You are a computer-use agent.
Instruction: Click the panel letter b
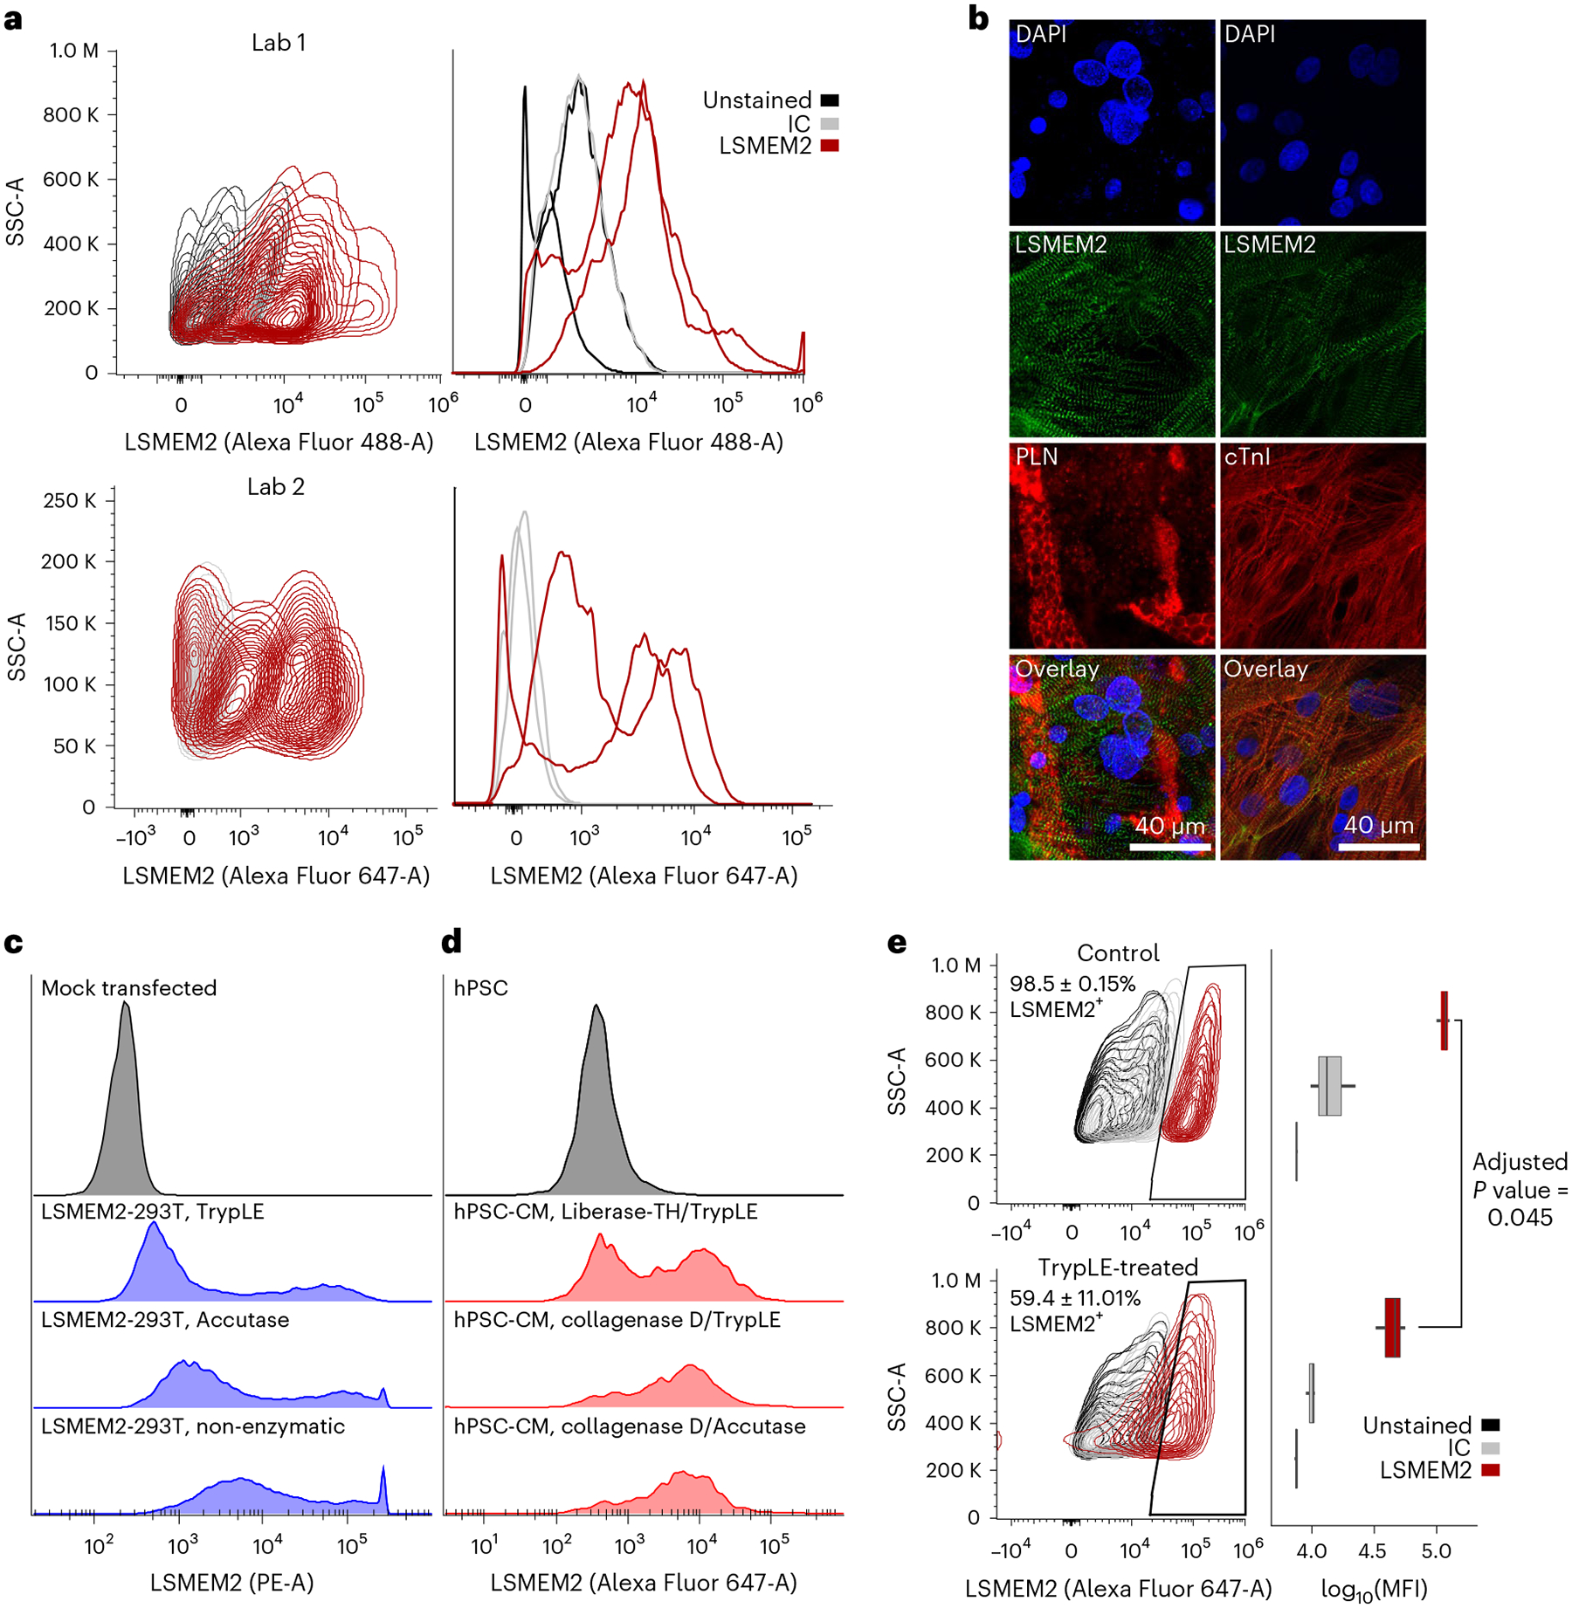click(978, 18)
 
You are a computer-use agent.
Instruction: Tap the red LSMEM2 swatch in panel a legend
click(830, 146)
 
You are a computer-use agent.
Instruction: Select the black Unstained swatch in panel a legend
click(830, 100)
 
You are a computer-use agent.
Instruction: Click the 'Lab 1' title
click(278, 43)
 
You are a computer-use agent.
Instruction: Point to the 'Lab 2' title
click(275, 486)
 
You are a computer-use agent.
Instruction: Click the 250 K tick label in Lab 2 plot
click(69, 501)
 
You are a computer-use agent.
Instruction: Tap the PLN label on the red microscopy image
click(1037, 457)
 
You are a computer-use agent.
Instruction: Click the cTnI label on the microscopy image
click(1247, 457)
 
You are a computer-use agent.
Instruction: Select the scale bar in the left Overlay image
click(1169, 847)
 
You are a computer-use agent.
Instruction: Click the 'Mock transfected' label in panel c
click(128, 987)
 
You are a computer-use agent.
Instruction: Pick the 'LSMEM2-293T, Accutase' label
click(165, 1319)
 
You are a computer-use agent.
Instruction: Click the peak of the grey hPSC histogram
click(596, 1007)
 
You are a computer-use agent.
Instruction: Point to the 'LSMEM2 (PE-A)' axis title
click(231, 1582)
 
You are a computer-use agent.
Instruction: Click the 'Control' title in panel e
click(1118, 952)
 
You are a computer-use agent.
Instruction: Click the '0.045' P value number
click(1520, 1218)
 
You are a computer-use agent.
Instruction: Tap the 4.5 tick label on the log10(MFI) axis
click(1373, 1550)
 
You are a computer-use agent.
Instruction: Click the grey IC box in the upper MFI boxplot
click(1329, 1086)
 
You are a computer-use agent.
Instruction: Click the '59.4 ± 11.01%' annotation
click(1074, 1298)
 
